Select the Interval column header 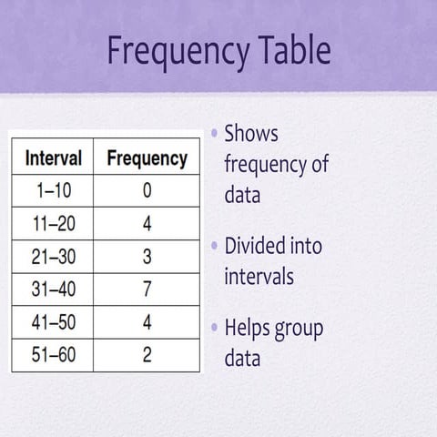pyautogui.click(x=54, y=158)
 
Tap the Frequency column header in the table pyautogui.click(x=147, y=158)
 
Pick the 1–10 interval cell pyautogui.click(x=54, y=191)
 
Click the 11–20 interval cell pyautogui.click(x=54, y=224)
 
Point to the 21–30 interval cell pyautogui.click(x=54, y=257)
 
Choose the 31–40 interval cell pyautogui.click(x=54, y=290)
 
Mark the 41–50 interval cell pyautogui.click(x=54, y=322)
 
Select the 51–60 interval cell pyautogui.click(x=54, y=355)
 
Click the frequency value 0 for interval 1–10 pyautogui.click(x=147, y=191)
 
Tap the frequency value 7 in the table pyautogui.click(x=147, y=290)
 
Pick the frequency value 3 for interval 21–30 pyautogui.click(x=147, y=257)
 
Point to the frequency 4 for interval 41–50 pyautogui.click(x=147, y=322)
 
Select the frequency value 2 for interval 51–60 pyautogui.click(x=147, y=355)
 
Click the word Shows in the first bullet pyautogui.click(x=251, y=134)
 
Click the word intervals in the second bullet pyautogui.click(x=259, y=275)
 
